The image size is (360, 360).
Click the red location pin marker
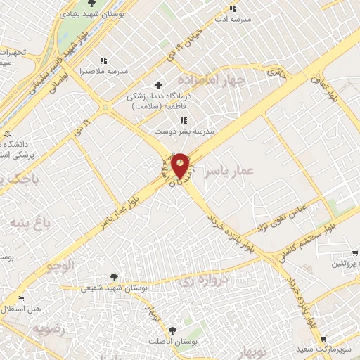181,166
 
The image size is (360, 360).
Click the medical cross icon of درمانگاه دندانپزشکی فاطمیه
158,85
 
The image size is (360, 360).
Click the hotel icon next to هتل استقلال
19,299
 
